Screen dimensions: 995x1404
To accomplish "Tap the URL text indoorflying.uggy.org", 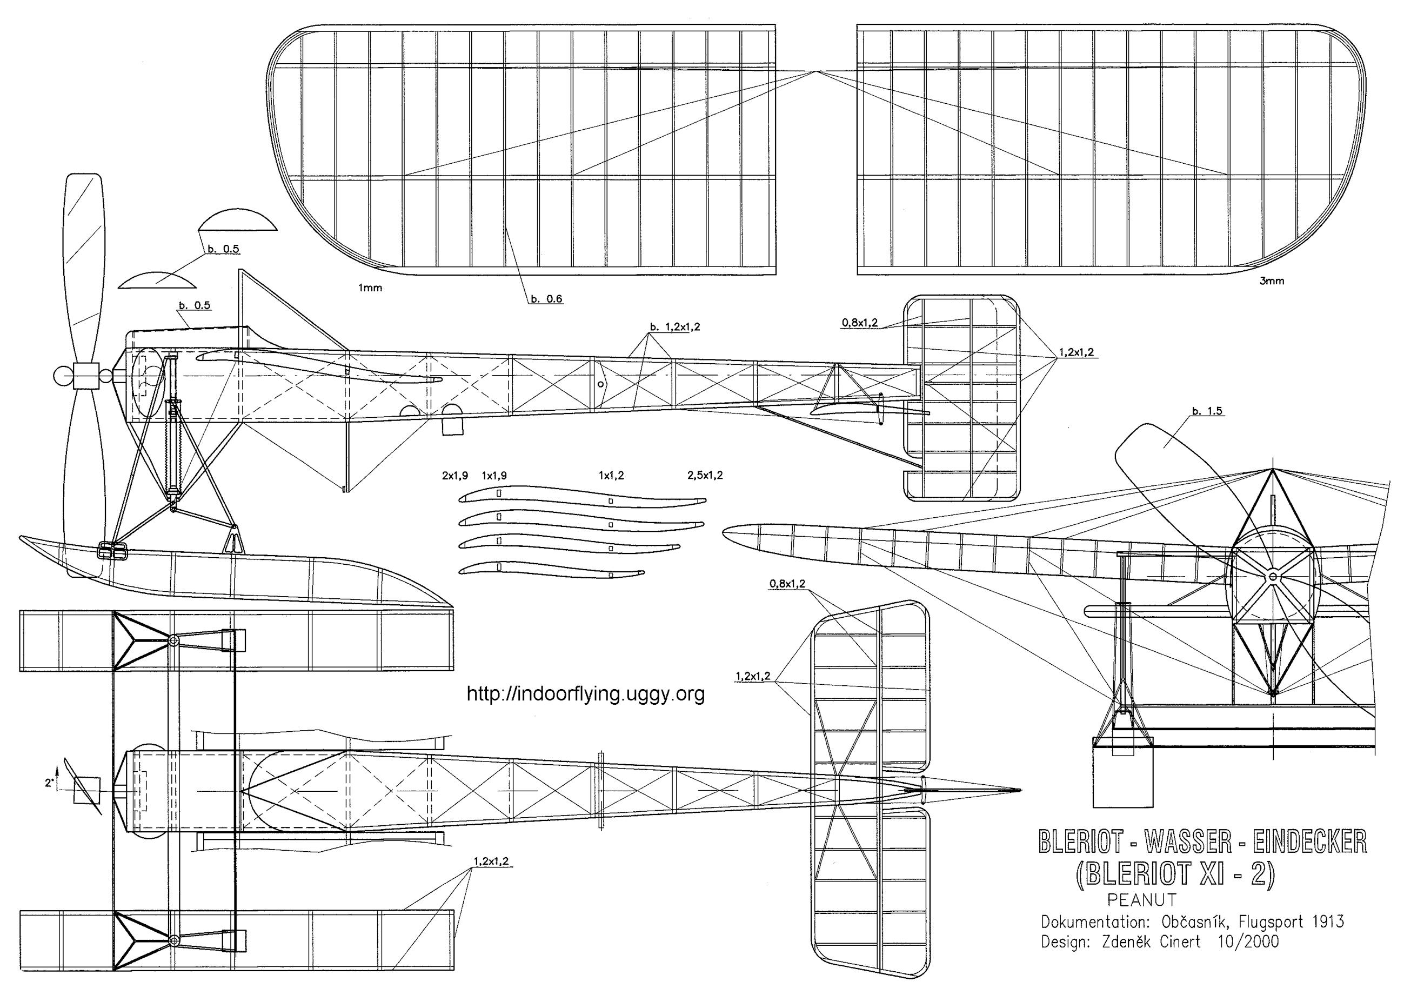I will tap(586, 693).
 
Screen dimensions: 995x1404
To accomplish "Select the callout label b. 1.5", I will tap(1207, 411).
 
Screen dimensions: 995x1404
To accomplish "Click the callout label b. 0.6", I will tap(546, 299).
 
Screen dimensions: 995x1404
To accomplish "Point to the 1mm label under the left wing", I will tap(370, 288).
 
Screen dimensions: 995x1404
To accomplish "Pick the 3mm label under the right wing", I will tap(1272, 281).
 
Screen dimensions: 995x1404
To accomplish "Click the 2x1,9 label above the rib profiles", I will tap(454, 476).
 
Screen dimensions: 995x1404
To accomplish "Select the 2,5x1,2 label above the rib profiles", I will tap(705, 476).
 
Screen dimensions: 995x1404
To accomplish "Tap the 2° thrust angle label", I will tap(49, 783).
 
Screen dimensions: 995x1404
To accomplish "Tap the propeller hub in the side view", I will tap(85, 376).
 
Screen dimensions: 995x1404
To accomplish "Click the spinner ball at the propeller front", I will tap(61, 376).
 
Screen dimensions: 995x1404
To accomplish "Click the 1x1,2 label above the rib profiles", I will tap(611, 476).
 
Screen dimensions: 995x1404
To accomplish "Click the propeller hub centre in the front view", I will tap(1273, 577).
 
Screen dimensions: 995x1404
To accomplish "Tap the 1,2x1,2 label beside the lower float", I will tap(491, 861).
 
